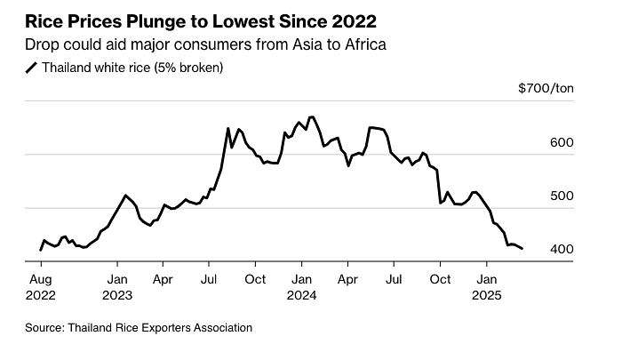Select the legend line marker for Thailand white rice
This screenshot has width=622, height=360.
coord(32,67)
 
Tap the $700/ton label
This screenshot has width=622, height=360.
coord(546,88)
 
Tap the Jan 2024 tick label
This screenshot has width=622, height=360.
coord(301,285)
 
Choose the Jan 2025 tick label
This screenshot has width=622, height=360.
coord(486,285)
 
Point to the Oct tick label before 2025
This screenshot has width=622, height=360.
coord(439,278)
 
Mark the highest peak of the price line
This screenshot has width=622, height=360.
coord(310,116)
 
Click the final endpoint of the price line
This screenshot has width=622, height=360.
coord(522,249)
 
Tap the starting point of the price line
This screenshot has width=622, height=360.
coord(40,251)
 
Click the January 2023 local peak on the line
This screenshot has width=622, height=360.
coord(125,195)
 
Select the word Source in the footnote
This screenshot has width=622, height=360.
coord(44,327)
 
